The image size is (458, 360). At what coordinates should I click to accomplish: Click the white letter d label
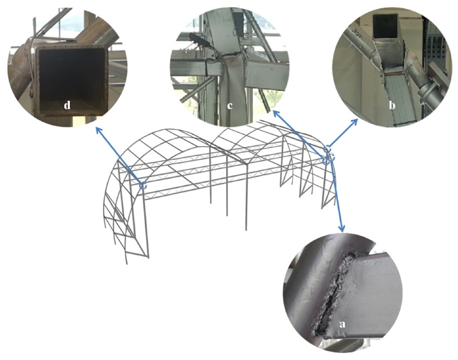67,105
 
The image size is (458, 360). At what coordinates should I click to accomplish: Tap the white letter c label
230,105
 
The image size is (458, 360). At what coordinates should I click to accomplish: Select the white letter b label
392,105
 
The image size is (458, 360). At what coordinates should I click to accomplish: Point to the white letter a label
342,324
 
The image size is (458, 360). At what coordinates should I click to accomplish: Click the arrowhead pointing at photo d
98,130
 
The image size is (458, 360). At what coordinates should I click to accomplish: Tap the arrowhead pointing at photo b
354,121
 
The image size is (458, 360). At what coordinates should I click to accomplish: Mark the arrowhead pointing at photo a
342,228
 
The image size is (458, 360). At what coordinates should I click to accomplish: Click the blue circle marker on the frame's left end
143,185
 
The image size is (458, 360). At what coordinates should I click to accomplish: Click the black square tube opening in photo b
386,26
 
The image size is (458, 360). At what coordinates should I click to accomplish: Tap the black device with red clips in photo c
199,40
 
